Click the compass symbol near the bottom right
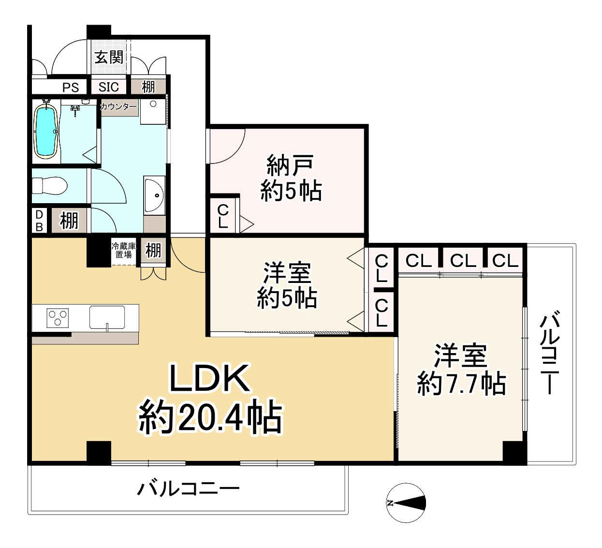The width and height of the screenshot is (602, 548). click(406, 503)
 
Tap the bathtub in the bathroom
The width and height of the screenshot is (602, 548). click(46, 131)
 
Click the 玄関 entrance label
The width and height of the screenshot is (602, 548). click(109, 58)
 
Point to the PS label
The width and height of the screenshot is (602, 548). click(71, 88)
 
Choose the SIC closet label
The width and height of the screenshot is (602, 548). click(109, 87)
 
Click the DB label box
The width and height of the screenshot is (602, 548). click(39, 221)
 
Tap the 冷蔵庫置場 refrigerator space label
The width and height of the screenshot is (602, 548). click(124, 250)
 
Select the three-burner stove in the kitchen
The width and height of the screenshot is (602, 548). click(57, 318)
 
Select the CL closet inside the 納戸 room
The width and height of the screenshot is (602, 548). click(223, 216)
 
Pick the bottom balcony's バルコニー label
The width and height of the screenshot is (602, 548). click(189, 489)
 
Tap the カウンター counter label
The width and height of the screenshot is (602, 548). click(118, 106)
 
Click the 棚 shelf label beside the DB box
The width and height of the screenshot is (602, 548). click(69, 221)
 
